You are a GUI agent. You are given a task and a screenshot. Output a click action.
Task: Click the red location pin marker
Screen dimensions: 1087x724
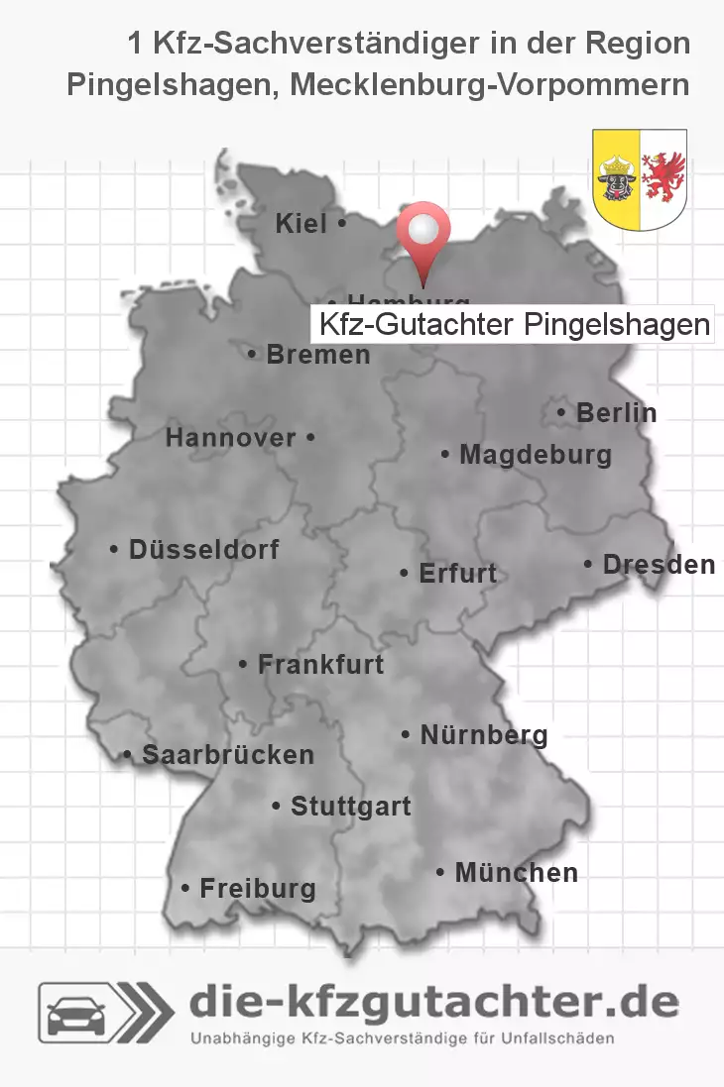tap(423, 234)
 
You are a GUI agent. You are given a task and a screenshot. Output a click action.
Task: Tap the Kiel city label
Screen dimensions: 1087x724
tap(302, 225)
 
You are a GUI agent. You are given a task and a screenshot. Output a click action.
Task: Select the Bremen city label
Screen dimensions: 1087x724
tap(317, 354)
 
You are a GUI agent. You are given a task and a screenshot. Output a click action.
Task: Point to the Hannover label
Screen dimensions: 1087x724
tap(231, 437)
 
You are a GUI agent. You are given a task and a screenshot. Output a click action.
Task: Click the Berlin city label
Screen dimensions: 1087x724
tap(616, 412)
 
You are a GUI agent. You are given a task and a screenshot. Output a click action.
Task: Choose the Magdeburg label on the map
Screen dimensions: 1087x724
tap(535, 455)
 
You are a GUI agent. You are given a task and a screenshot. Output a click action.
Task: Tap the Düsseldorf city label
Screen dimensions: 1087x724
tap(203, 549)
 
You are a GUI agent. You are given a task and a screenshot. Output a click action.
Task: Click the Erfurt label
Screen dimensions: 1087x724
tap(456, 573)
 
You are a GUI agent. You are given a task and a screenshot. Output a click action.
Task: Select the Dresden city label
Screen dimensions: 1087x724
tap(659, 564)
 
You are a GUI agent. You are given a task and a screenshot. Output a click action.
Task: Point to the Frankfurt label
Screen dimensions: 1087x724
tap(319, 664)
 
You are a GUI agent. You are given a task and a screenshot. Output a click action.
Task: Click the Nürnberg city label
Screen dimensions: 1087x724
tap(483, 735)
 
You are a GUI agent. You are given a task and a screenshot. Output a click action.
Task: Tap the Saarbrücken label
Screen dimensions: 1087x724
tap(227, 754)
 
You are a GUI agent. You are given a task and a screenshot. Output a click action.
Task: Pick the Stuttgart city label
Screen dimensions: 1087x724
tap(350, 807)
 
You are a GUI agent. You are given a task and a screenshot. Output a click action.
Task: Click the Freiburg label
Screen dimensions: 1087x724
tap(257, 888)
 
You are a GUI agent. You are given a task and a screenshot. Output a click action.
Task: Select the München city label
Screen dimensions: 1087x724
tap(515, 873)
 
